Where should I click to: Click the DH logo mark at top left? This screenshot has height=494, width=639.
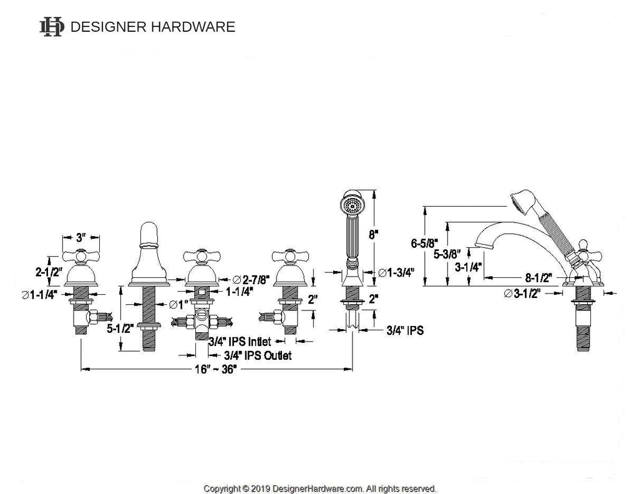(52, 27)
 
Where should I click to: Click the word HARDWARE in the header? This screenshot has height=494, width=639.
(193, 27)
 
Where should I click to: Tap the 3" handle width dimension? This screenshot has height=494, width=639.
(81, 237)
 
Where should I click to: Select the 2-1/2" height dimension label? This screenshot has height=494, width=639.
(48, 271)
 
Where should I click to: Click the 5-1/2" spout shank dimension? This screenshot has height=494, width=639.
(120, 328)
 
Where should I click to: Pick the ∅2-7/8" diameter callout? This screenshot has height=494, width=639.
(251, 280)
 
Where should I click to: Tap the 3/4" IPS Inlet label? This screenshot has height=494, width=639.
(240, 342)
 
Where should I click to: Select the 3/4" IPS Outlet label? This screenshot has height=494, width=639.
(258, 355)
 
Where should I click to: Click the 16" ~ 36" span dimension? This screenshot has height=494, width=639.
(215, 370)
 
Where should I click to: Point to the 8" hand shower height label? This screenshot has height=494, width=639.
(373, 235)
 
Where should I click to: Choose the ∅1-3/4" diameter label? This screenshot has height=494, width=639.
(396, 273)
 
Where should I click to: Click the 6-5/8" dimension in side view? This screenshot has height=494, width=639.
(424, 244)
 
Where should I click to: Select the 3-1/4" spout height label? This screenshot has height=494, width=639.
(468, 267)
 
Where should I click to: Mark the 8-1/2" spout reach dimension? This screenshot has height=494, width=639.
(539, 278)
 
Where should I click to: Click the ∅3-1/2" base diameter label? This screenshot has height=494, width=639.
(522, 294)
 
